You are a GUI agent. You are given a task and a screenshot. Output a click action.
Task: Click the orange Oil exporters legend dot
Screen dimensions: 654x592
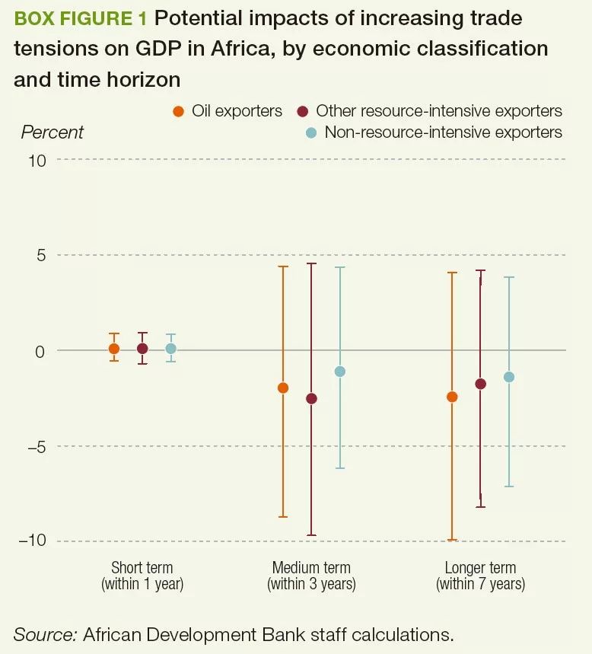coord(178,111)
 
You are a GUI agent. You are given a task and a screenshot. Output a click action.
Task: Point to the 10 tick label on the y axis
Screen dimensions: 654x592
coord(38,160)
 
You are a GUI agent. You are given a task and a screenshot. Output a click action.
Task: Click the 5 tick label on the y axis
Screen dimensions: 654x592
coord(41,255)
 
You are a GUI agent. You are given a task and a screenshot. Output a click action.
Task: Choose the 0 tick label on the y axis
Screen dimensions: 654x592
coord(41,350)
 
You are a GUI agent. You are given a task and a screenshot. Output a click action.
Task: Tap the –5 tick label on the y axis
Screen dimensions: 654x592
coord(37,446)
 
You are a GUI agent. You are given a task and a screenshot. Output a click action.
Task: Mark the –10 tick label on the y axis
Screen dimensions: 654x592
coord(33,541)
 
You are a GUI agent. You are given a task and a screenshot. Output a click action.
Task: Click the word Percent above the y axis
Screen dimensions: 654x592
coord(52,132)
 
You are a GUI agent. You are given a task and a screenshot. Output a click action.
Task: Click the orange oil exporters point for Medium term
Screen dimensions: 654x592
coord(283,388)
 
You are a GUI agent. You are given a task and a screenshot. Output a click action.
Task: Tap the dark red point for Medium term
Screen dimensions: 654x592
coord(311,398)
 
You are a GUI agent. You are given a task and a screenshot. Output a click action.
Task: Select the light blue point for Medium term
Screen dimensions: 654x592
coord(340,372)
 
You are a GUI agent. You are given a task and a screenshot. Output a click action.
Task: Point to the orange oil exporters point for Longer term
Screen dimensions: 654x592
coord(452,397)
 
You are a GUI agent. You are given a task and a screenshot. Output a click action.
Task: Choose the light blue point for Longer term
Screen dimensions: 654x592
coord(509,377)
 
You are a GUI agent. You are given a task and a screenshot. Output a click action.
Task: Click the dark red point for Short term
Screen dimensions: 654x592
coord(142,349)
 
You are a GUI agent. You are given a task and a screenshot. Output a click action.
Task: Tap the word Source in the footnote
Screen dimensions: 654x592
coord(42,633)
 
